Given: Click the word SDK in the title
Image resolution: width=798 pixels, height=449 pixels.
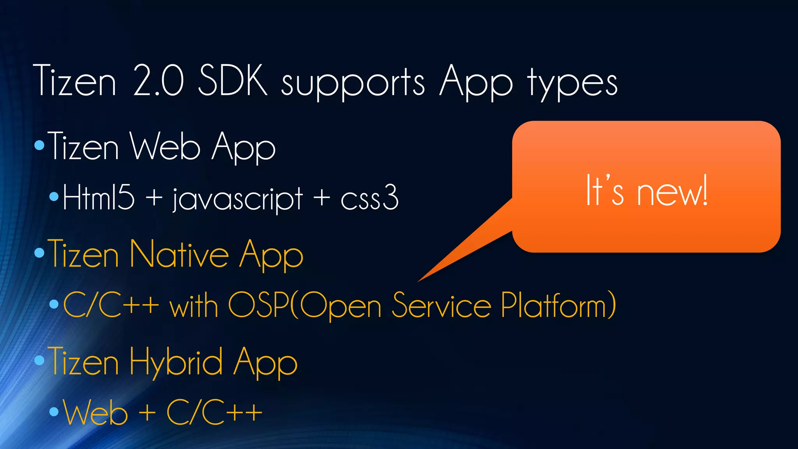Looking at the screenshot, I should pyautogui.click(x=233, y=81).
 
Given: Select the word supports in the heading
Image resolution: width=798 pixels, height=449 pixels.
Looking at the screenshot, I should pyautogui.click(x=353, y=83).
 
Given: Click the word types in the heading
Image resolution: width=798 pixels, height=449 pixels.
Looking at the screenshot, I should pyautogui.click(x=572, y=83).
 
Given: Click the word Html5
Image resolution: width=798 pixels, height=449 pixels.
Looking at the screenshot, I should pyautogui.click(x=99, y=197).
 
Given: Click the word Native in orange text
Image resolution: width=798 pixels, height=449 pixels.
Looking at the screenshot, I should pyautogui.click(x=179, y=254).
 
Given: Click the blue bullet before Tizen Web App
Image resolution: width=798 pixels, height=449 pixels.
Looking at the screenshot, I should pyautogui.click(x=39, y=146).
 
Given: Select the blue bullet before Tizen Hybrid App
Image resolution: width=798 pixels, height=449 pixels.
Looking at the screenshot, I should pyautogui.click(x=39, y=361).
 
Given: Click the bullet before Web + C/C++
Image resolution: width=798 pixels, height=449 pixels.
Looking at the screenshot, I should pyautogui.click(x=54, y=412).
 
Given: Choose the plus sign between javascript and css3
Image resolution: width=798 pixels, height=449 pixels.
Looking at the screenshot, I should pyautogui.click(x=322, y=197).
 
